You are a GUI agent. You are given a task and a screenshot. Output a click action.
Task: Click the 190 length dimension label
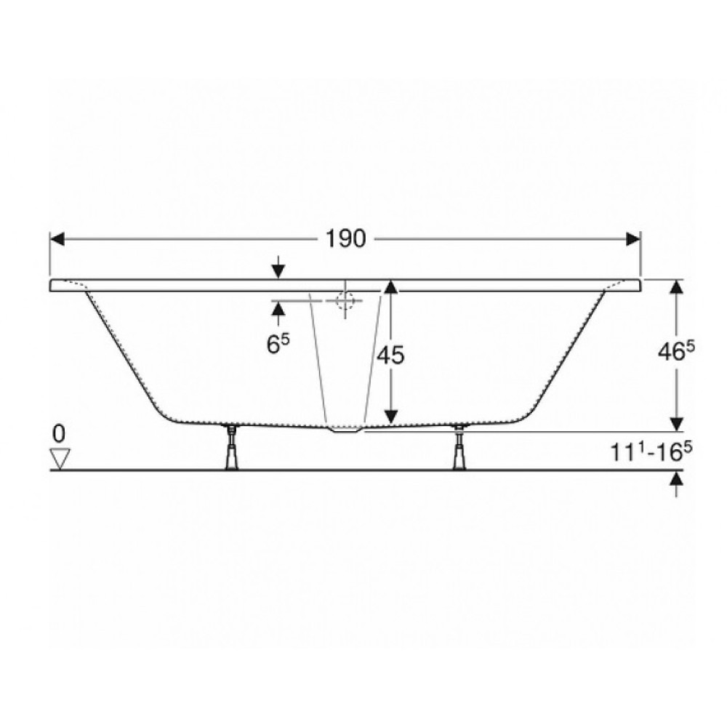pyautogui.click(x=345, y=239)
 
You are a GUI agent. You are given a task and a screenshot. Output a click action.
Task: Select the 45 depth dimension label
pyautogui.click(x=390, y=356)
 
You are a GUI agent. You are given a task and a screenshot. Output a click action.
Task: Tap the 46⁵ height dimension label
pyautogui.click(x=677, y=353)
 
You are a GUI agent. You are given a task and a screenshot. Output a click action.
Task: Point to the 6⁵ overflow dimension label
pyautogui.click(x=278, y=344)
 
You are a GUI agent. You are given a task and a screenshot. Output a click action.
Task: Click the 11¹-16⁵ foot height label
pyautogui.click(x=647, y=451)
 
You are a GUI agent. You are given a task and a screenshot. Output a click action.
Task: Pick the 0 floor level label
pyautogui.click(x=59, y=434)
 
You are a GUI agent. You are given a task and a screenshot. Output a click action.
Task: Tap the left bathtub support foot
pyautogui.click(x=231, y=446)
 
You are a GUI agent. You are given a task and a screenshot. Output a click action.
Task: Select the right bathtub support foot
pyautogui.click(x=459, y=446)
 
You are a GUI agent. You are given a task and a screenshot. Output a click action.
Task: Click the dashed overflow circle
pyautogui.click(x=345, y=300)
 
